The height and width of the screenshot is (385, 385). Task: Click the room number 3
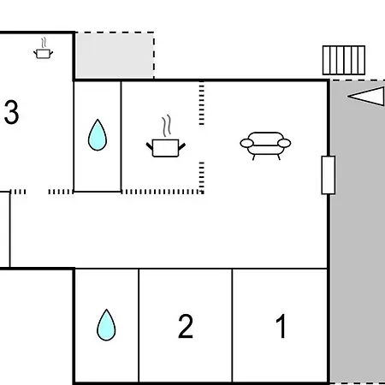pos(12,112)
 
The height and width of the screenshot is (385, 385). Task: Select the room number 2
pos(186,326)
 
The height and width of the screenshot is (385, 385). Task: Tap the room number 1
pos(281,326)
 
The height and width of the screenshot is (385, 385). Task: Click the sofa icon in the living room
pos(265,145)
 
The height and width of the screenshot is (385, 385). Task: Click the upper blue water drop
pos(98,135)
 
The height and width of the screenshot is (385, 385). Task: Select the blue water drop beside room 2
pos(106,325)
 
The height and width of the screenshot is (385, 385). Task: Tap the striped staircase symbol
pos(344,60)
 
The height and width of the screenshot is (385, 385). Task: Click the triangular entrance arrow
pos(366,97)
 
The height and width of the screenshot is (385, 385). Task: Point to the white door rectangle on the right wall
pos(329,175)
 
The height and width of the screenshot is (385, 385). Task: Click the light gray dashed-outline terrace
pos(115,55)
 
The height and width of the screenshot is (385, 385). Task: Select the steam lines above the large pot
pos(167,126)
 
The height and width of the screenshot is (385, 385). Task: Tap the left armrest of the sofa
pos(247,143)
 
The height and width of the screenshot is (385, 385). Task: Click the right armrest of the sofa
pos(284,143)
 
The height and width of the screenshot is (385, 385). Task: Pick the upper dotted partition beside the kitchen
pos(202,104)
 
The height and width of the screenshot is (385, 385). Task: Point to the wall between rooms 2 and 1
pos(232,325)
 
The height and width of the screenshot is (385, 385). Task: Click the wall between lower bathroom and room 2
pos(139,325)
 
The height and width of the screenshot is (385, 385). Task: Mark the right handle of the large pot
pos(182,146)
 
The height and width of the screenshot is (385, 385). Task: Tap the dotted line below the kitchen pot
pos(162,192)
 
